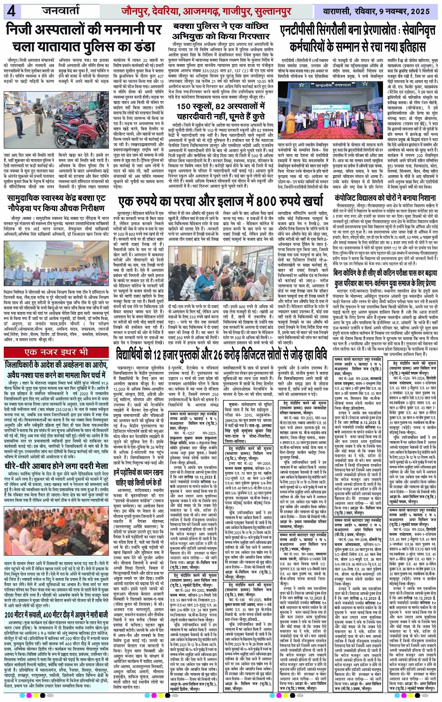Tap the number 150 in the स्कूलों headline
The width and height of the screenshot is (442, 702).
click(x=186, y=107)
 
